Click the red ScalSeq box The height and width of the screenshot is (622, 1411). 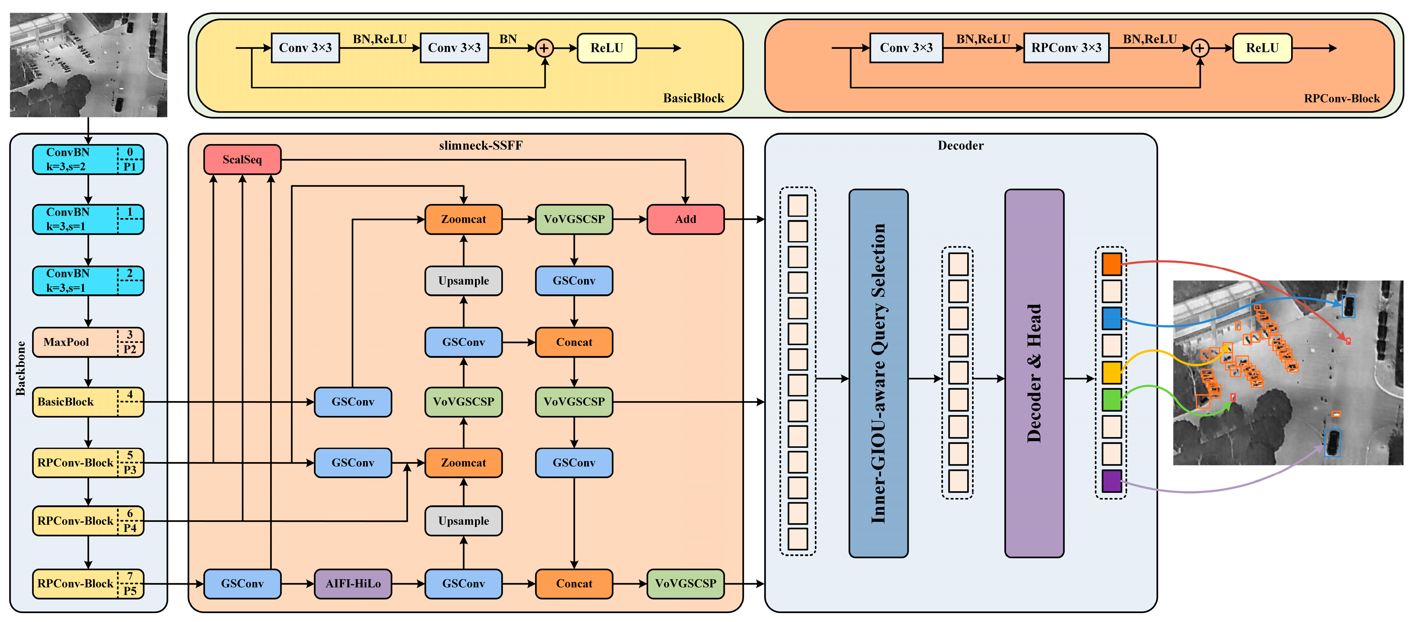[242, 159]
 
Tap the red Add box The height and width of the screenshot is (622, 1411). [685, 219]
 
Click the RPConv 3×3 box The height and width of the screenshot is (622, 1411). [1066, 48]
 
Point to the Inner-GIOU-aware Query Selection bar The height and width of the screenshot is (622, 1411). [878, 373]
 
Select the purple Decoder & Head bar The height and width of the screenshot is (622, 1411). [1033, 373]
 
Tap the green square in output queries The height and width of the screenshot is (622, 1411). [1111, 399]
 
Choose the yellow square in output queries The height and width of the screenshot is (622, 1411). [1111, 372]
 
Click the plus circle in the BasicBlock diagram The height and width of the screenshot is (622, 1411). [544, 48]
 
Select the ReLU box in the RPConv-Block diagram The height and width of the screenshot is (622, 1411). [1262, 48]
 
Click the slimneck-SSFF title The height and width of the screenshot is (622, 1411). [481, 145]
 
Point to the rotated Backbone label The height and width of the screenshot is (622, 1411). [21, 368]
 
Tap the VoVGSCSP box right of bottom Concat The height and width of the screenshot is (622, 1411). [685, 584]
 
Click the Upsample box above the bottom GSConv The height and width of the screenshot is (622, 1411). [463, 521]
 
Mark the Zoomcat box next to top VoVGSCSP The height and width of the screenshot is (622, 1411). [463, 219]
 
